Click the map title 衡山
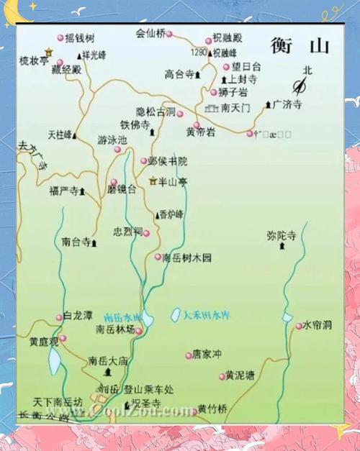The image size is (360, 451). [300, 46]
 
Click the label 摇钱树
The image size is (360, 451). [80, 38]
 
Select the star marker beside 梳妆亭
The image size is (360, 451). [48, 52]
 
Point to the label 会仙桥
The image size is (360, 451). [150, 33]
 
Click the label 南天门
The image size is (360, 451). [236, 108]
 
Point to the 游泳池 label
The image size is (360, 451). [112, 140]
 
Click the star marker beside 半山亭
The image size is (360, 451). [153, 181]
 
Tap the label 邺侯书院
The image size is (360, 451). [172, 161]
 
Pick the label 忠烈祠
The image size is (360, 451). [127, 232]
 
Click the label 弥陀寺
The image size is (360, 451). [282, 235]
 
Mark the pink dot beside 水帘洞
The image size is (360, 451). [298, 326]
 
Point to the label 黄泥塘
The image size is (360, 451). [240, 375]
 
